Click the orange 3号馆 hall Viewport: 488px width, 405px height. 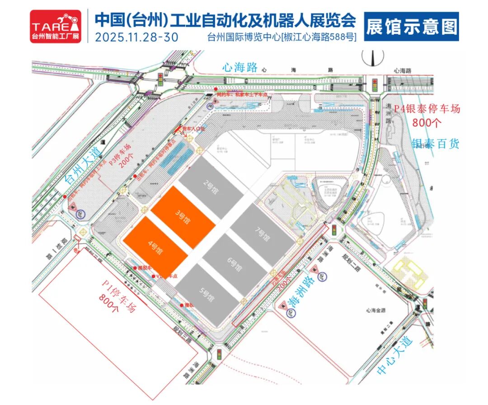point(183,217)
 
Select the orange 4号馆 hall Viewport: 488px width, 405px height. point(156,248)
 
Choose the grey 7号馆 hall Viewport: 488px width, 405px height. point(263,234)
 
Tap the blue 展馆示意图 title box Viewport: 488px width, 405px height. point(411,26)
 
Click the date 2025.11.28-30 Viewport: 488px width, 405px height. point(136,36)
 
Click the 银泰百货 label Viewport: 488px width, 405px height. point(436,144)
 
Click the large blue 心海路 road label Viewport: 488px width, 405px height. point(240,68)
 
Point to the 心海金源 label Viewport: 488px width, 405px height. point(380,310)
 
